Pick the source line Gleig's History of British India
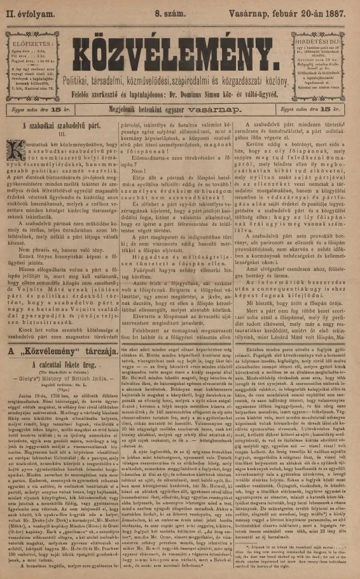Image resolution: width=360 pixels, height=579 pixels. coord(62,362)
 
